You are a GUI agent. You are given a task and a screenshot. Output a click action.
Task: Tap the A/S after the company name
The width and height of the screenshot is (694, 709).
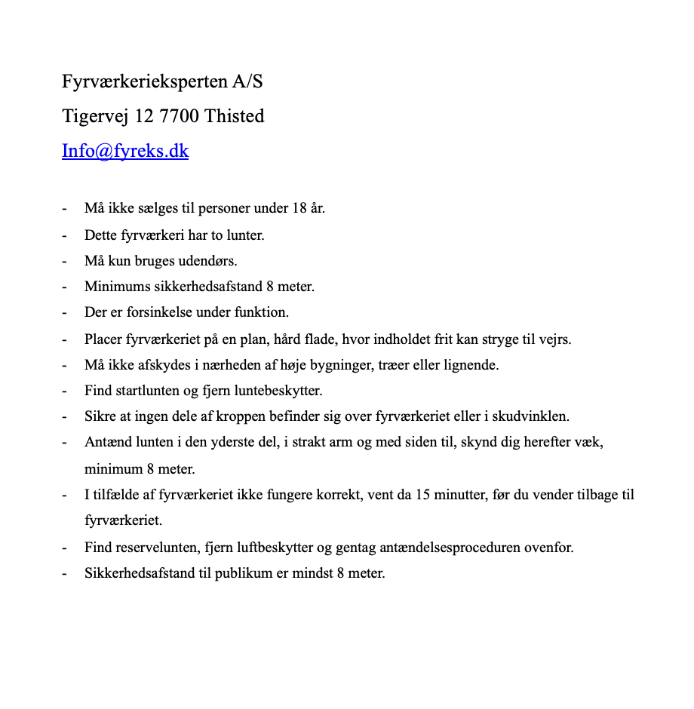(248, 81)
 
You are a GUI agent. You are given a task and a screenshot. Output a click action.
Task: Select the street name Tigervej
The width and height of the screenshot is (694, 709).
(95, 116)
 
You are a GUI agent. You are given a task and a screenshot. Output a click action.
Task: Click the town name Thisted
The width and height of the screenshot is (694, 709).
(235, 116)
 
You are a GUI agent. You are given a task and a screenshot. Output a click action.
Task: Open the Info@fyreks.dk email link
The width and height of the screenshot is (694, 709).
(125, 151)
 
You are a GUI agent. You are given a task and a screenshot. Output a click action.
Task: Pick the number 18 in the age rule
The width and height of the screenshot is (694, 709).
(299, 208)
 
